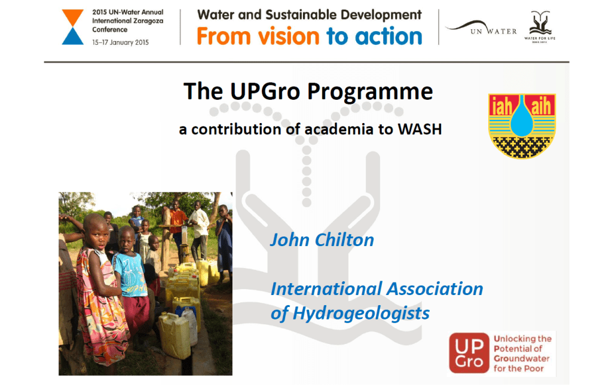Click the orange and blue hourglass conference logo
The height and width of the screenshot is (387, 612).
[73, 27]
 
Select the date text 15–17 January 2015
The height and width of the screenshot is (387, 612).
[120, 42]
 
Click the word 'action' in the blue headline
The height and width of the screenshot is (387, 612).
[389, 37]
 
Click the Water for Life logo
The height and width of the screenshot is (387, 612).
[541, 26]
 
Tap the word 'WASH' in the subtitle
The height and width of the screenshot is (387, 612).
[420, 129]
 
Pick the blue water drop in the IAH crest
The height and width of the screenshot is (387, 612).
[522, 117]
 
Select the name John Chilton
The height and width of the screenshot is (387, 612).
[322, 240]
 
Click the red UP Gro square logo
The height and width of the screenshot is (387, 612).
[468, 352]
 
